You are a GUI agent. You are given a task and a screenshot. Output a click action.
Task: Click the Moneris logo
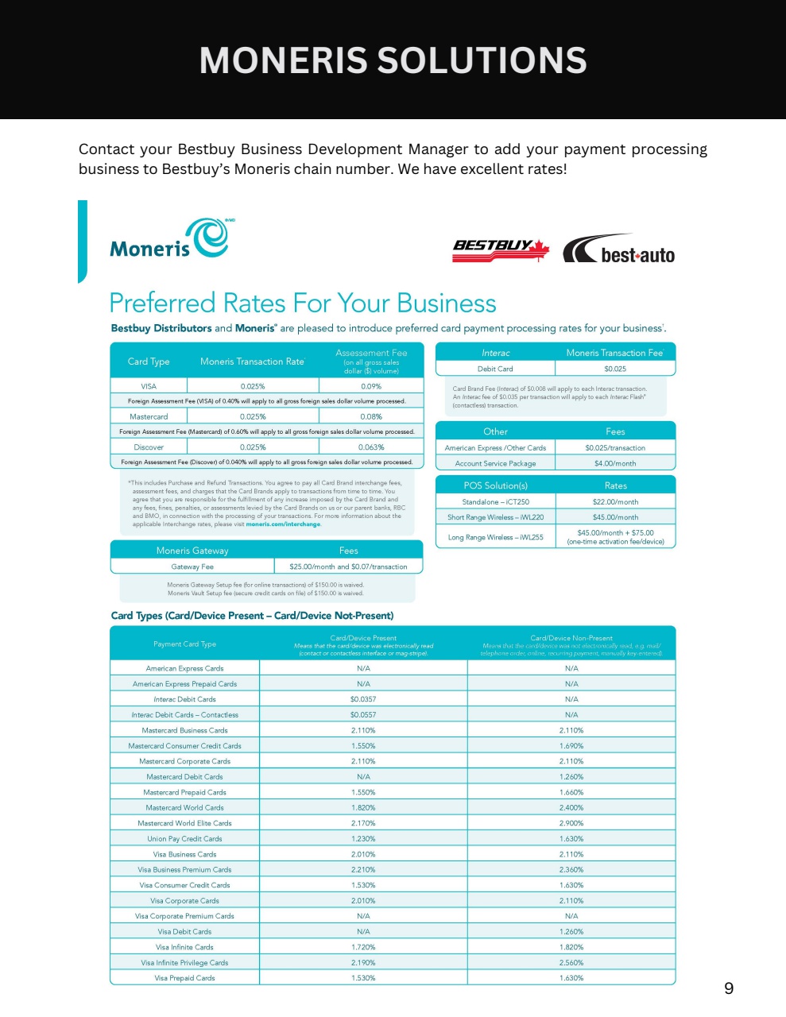[x=168, y=239]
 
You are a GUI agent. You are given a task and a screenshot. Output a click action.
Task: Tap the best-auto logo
[x=619, y=249]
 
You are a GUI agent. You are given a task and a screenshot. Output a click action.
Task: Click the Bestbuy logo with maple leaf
[x=501, y=248]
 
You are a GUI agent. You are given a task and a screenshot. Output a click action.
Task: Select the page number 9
[x=729, y=988]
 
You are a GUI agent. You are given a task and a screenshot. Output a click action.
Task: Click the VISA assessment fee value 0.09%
[x=371, y=386]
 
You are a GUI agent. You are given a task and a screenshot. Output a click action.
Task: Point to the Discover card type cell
[x=149, y=447]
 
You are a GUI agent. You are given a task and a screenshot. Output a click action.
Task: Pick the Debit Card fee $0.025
[x=615, y=369]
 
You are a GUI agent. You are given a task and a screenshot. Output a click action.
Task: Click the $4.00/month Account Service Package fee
[x=615, y=463]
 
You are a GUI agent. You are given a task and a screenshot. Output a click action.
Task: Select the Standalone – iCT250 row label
[x=495, y=502]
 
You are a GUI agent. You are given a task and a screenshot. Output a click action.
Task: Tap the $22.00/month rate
[x=615, y=502]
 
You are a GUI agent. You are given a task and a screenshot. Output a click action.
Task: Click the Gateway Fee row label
[x=192, y=567]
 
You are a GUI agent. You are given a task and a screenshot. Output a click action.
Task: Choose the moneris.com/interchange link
[x=283, y=524]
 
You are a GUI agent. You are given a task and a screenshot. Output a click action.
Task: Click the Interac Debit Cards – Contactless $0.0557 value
[x=363, y=715]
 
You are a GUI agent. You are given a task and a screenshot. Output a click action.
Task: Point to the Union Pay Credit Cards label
[x=184, y=839]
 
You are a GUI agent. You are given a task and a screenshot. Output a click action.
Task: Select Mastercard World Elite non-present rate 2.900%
[x=571, y=823]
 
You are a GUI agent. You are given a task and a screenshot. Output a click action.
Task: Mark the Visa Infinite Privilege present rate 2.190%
[x=363, y=963]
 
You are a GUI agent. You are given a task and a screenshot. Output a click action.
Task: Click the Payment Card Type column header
[x=184, y=644]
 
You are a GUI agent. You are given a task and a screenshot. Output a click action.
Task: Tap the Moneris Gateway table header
[x=192, y=551]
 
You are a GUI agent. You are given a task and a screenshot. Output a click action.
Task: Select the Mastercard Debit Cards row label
[x=184, y=777]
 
